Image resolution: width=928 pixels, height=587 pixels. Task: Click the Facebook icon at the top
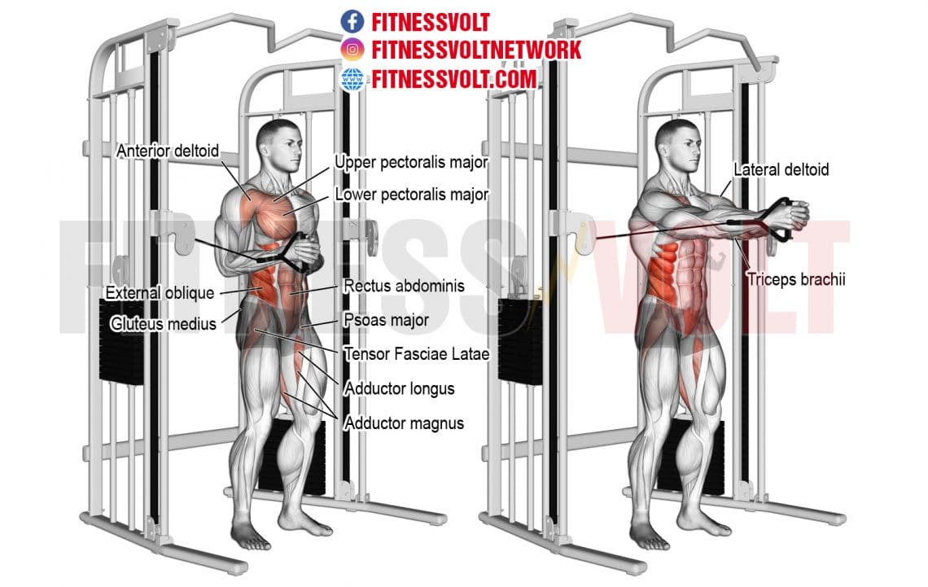point(352,20)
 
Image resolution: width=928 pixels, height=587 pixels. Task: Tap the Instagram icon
point(352,50)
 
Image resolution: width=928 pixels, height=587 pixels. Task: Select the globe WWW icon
point(352,79)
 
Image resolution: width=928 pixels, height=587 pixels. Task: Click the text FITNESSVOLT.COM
point(455,79)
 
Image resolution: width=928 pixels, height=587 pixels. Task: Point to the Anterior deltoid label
point(169,151)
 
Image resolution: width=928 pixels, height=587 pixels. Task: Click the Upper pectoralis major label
point(411,163)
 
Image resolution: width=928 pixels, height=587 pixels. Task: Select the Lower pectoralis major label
point(411,195)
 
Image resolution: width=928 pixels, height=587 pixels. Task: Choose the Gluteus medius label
point(163,324)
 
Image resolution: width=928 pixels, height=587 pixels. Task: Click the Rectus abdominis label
point(404,286)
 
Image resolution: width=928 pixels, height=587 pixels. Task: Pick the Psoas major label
point(385,320)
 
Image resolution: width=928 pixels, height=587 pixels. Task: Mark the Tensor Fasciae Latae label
point(416,354)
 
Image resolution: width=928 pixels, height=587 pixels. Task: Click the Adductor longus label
point(399,388)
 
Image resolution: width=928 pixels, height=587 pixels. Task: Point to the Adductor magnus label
point(404,423)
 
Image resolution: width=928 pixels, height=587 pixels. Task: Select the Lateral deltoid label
point(781,170)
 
